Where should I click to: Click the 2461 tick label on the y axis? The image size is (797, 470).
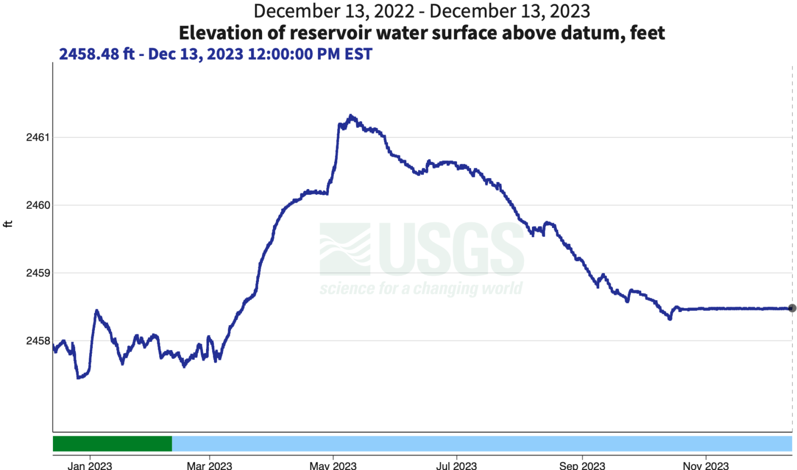[38, 137]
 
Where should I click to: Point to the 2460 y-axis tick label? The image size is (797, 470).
[38, 205]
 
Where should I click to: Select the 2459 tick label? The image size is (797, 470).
[38, 273]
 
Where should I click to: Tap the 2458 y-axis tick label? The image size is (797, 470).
[38, 341]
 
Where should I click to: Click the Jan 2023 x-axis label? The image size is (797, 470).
[90, 465]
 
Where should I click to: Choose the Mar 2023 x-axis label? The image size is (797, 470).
[209, 465]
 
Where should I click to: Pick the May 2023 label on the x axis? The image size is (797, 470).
[333, 465]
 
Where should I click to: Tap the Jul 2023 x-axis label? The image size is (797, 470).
[456, 465]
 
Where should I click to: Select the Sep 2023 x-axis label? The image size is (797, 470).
[582, 465]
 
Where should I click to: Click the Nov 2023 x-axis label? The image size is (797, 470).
[706, 465]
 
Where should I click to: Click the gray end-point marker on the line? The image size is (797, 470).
[792, 308]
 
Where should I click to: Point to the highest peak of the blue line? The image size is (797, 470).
[351, 116]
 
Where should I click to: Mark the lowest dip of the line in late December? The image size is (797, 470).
[78, 378]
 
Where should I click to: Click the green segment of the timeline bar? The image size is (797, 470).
[112, 444]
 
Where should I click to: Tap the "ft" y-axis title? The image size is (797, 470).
[8, 224]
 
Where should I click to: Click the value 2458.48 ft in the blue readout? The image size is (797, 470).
[97, 54]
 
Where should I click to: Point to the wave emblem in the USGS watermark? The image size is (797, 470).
[345, 249]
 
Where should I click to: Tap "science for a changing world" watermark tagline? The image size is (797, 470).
[421, 288]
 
